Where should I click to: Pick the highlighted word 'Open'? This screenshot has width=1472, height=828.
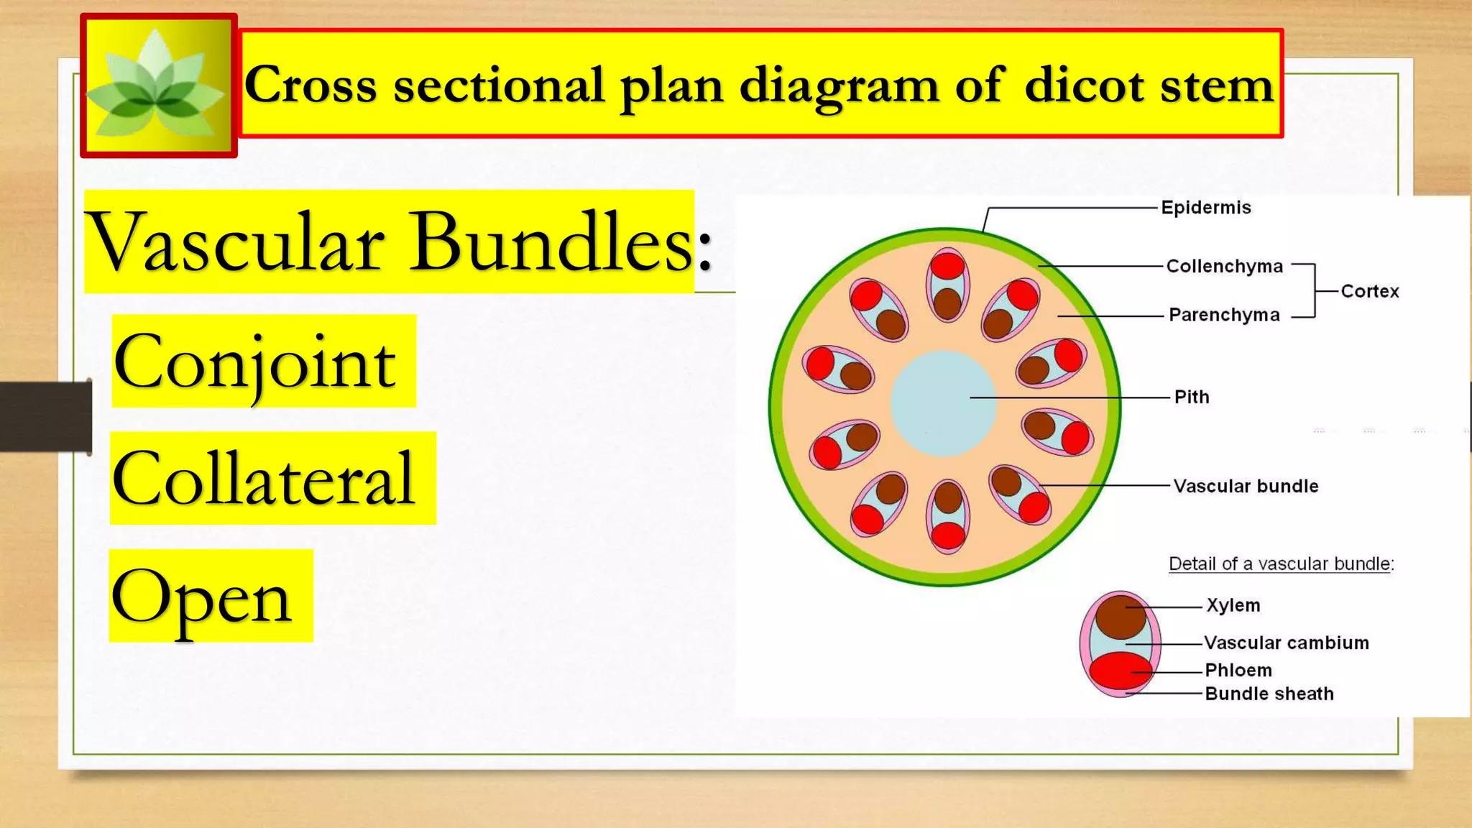point(201,597)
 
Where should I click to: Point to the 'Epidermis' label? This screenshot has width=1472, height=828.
point(1206,208)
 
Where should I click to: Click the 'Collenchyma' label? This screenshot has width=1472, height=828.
point(1224,267)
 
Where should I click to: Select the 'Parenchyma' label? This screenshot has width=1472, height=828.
point(1224,315)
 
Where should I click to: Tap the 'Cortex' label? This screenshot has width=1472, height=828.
point(1370,291)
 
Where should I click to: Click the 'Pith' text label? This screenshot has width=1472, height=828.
point(1192,397)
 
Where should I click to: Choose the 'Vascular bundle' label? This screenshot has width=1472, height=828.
point(1246,486)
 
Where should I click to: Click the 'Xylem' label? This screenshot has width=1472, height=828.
point(1233,605)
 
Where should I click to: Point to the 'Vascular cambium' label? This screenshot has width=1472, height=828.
point(1287,643)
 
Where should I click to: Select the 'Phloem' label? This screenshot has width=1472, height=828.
point(1238,670)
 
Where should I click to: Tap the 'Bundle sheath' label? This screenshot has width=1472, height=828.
point(1269,694)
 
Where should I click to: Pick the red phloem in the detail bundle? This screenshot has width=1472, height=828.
point(1118,671)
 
